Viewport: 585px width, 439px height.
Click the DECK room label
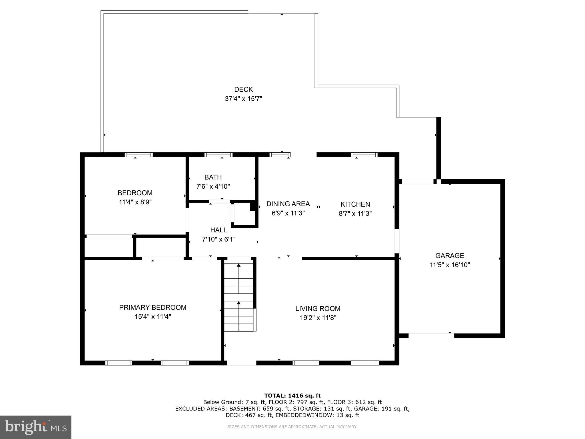pos(243,89)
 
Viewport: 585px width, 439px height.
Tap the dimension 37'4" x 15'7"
pos(243,99)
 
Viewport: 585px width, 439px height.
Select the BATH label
pos(213,177)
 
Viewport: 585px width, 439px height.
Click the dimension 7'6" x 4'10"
pos(213,187)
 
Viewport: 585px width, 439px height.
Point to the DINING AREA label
pos(288,204)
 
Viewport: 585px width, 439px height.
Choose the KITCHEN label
pos(355,204)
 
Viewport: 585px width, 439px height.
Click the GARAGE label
pos(449,256)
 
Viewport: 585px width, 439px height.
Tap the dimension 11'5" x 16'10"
pos(450,265)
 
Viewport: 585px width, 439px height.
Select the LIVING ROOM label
pos(318,309)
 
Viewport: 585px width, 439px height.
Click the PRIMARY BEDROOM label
pos(153,308)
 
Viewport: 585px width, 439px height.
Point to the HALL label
pos(219,230)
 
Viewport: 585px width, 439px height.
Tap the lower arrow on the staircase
pos(239,303)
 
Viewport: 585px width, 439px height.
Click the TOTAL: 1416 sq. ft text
pos(292,396)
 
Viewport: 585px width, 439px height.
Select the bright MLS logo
pos(35,427)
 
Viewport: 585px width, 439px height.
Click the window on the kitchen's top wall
pos(364,155)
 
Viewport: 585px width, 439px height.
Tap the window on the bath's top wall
pos(218,155)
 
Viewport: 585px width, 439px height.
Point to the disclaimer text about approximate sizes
pos(292,427)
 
